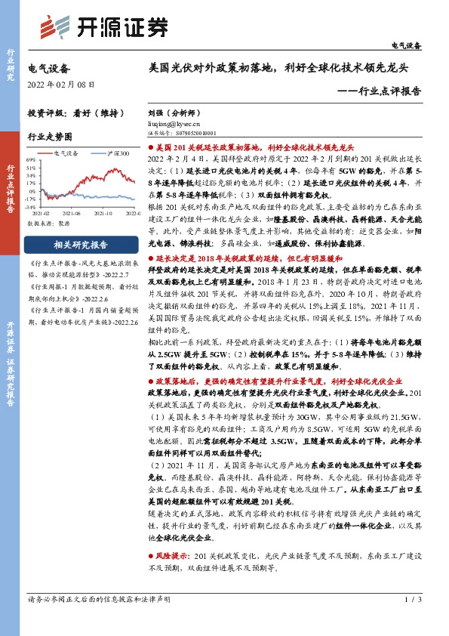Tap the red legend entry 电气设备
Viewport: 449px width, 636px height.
coord(69,153)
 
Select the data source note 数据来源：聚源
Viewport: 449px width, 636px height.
coord(48,224)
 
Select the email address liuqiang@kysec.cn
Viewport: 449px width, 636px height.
coord(174,122)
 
